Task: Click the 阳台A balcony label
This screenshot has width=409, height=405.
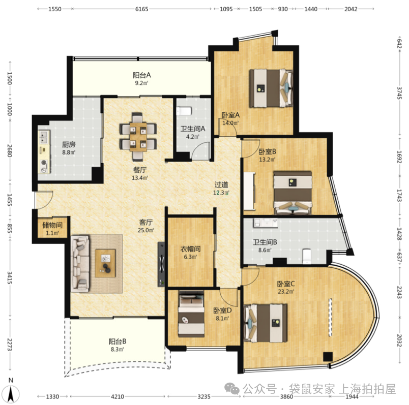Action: pyautogui.click(x=141, y=75)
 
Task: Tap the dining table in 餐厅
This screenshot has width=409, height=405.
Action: pyautogui.click(x=138, y=137)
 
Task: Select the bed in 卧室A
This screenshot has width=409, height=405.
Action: pyautogui.click(x=271, y=88)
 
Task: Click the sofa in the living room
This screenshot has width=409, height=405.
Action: pyautogui.click(x=80, y=263)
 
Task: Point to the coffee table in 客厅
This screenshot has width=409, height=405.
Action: pyautogui.click(x=105, y=263)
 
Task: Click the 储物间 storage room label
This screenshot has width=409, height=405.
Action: pyautogui.click(x=52, y=225)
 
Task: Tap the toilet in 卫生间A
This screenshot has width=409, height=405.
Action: pyautogui.click(x=184, y=111)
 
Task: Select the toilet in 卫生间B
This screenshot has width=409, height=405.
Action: pyautogui.click(x=307, y=256)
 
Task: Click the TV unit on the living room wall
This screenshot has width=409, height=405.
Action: pyautogui.click(x=161, y=264)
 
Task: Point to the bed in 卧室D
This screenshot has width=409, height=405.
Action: pyautogui.click(x=191, y=314)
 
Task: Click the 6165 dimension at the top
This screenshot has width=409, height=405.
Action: pyautogui.click(x=141, y=9)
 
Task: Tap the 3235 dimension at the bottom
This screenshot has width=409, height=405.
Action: pyautogui.click(x=203, y=397)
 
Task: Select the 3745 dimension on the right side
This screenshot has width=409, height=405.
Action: pyautogui.click(x=399, y=93)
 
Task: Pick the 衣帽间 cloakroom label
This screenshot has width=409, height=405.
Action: pyautogui.click(x=190, y=249)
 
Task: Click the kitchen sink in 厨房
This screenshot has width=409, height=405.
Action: pyautogui.click(x=44, y=137)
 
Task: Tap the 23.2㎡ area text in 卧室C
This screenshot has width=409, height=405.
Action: pyautogui.click(x=286, y=292)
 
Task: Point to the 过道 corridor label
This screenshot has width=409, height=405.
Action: pyautogui.click(x=221, y=185)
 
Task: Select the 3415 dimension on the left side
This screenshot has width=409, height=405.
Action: pyautogui.click(x=10, y=277)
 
